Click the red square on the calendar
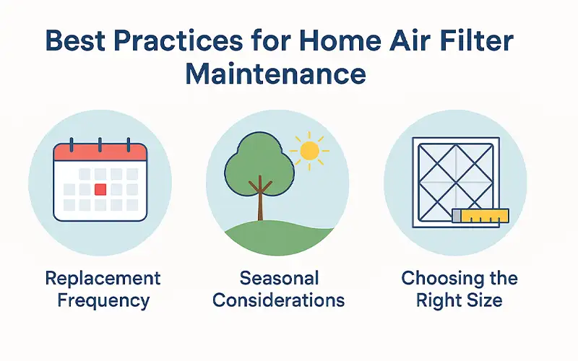pyautogui.click(x=101, y=189)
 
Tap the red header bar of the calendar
pyautogui.click(x=100, y=152)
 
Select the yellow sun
pyautogui.click(x=309, y=151)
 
